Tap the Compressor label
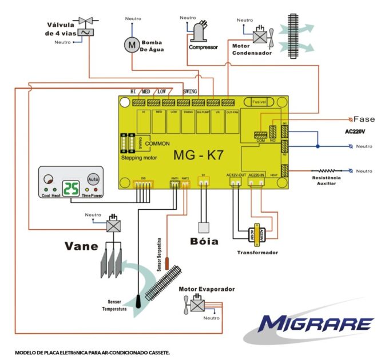tap(203, 47)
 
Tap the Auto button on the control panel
tap(94, 179)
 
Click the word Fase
tap(364, 119)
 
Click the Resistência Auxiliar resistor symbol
tap(327, 170)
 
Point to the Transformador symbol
tap(255, 234)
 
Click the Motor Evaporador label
tap(207, 289)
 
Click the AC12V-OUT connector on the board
tap(236, 182)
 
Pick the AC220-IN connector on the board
tap(256, 182)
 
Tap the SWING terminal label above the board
tap(190, 91)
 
